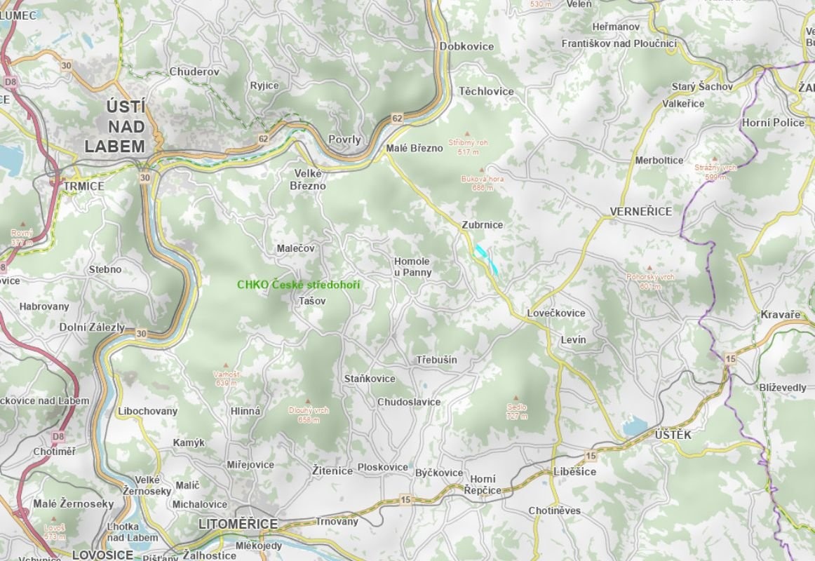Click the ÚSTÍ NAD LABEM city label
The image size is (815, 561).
click(x=114, y=127)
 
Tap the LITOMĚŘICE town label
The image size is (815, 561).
click(x=238, y=524)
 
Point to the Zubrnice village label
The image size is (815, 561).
click(x=482, y=225)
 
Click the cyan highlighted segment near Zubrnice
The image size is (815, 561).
click(x=486, y=257)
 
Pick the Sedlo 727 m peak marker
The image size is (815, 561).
click(x=517, y=397)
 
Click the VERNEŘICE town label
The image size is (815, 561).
click(x=640, y=211)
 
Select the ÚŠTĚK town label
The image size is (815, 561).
click(x=673, y=435)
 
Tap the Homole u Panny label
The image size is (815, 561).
click(x=412, y=266)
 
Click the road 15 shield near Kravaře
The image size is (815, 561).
click(x=731, y=359)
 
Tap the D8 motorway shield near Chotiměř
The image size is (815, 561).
click(x=59, y=436)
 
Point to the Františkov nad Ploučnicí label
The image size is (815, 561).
click(x=619, y=43)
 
